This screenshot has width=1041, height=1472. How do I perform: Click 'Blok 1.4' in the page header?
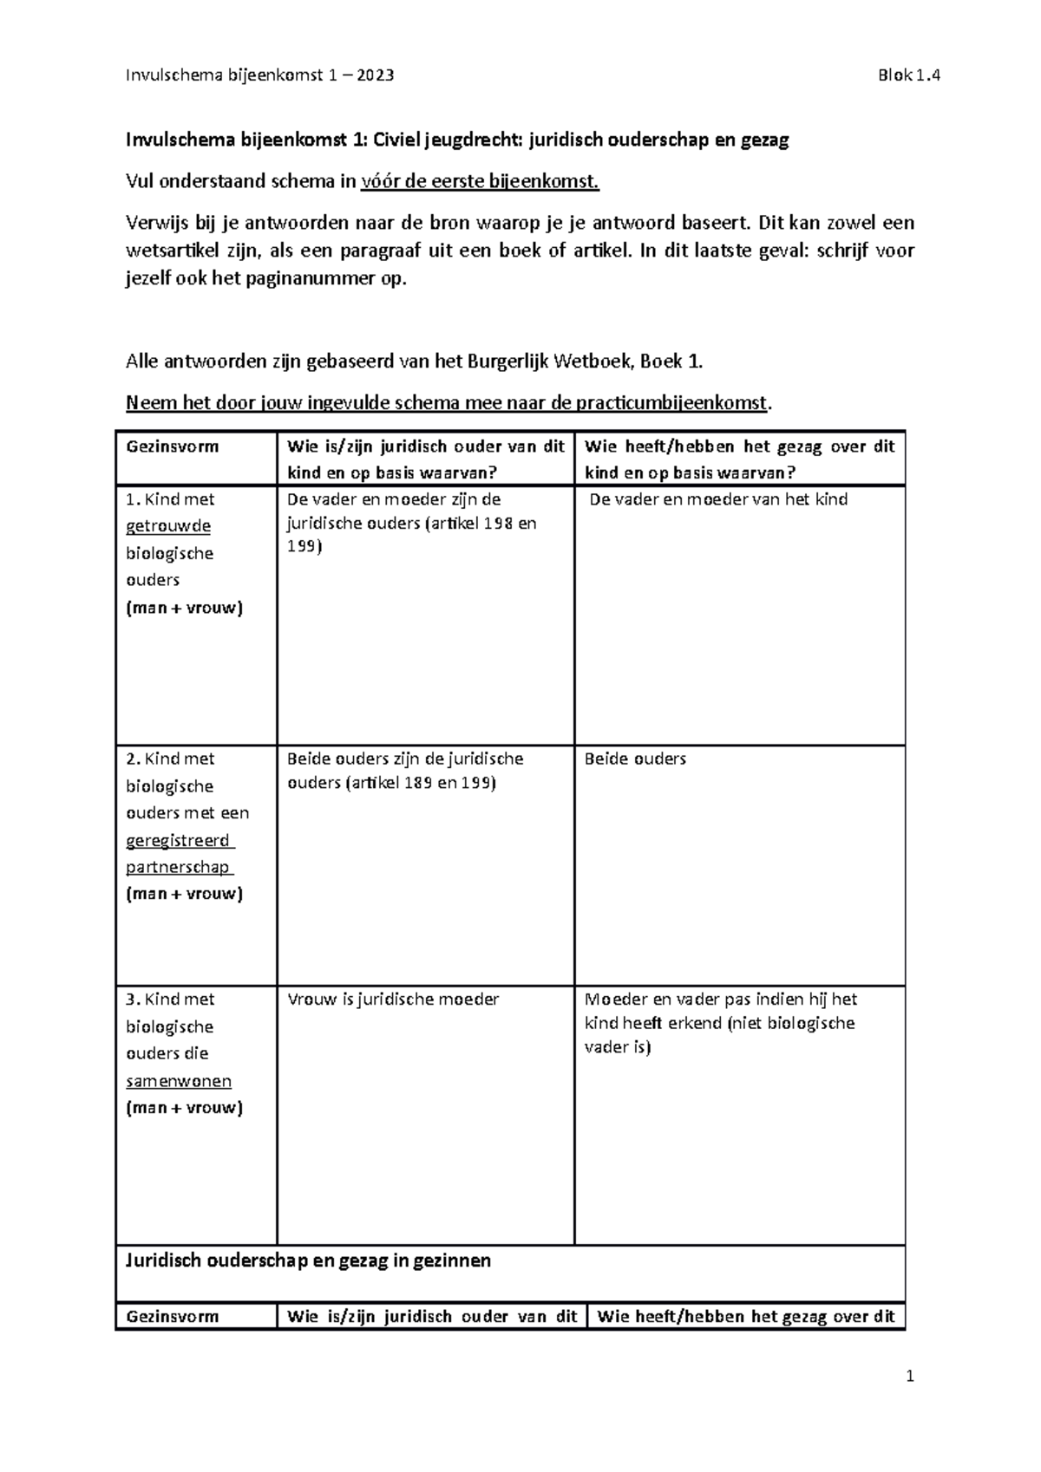(x=908, y=75)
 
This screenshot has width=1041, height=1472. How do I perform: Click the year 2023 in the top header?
(x=374, y=75)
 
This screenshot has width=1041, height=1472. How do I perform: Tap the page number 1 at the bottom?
(x=910, y=1376)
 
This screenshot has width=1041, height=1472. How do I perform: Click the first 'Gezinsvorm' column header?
(x=173, y=447)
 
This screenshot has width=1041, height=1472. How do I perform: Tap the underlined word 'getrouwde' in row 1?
(x=168, y=526)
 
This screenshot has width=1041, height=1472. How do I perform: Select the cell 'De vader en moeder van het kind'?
(x=718, y=499)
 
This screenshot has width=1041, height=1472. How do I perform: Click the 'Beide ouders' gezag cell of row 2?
(x=635, y=759)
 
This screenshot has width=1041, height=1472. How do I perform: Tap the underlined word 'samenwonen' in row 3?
(x=179, y=1081)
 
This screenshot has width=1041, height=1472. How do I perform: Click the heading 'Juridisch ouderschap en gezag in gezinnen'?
(x=309, y=1260)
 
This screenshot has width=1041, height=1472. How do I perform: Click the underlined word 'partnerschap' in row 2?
(x=178, y=867)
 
